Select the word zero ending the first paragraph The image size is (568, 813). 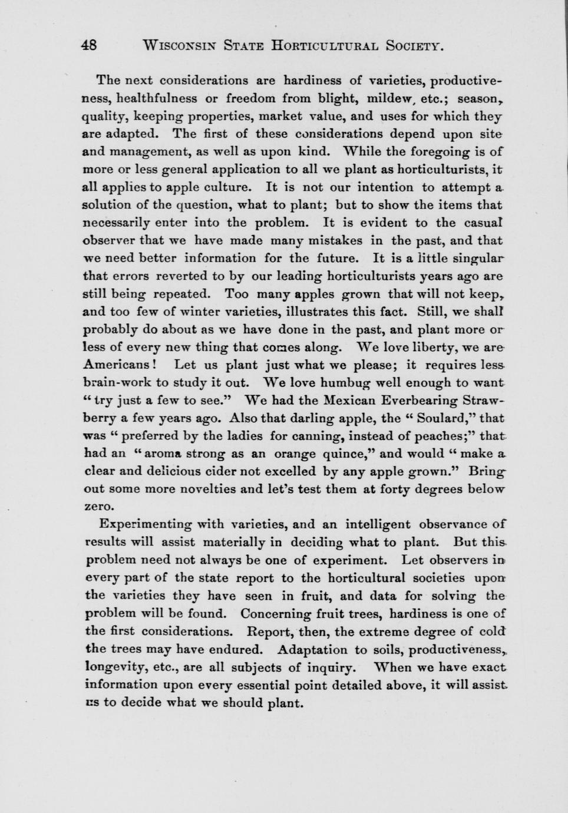(x=100, y=507)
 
